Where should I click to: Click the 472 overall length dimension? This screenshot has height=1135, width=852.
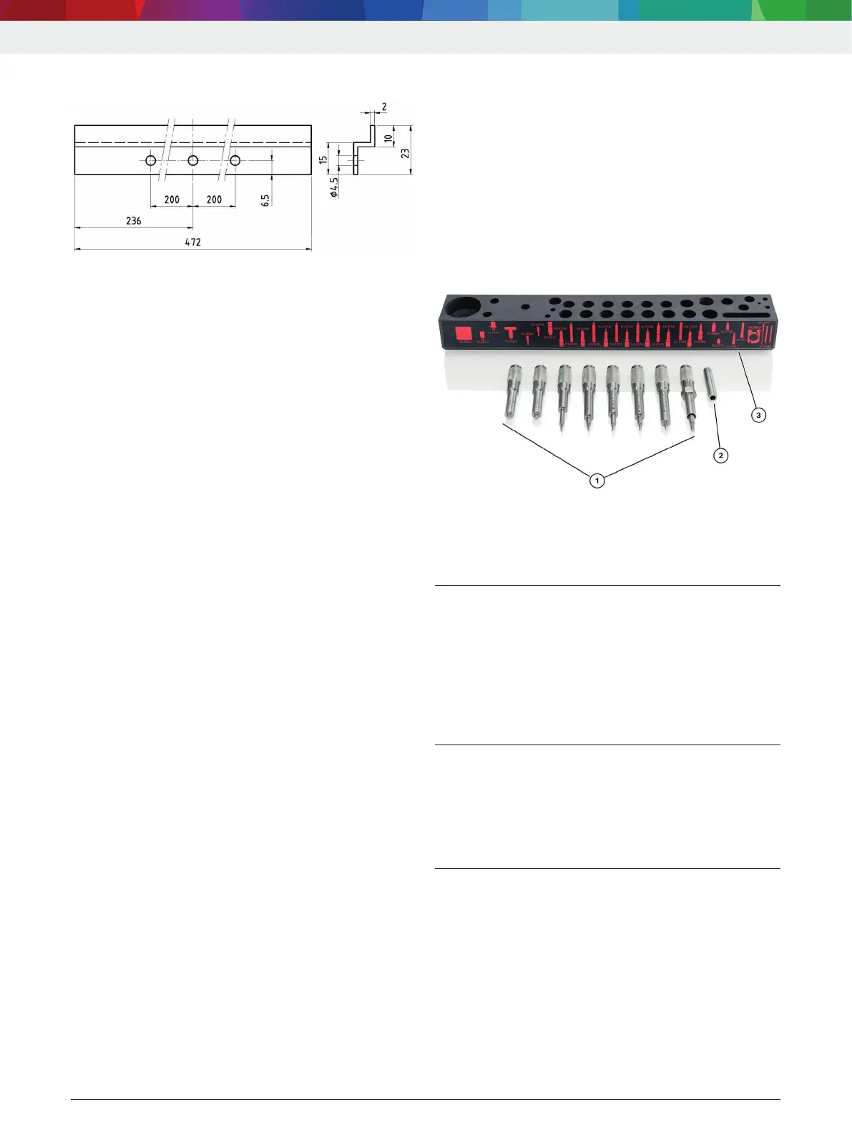point(192,242)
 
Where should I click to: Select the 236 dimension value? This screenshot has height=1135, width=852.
point(134,220)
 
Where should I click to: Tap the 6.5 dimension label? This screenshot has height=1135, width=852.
point(265,200)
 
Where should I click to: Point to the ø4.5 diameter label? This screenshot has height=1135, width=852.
point(334,187)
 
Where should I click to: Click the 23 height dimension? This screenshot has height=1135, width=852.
point(405,153)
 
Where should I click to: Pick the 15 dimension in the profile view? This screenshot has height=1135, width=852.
point(323,160)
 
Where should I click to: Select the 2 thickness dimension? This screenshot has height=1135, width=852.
point(384,107)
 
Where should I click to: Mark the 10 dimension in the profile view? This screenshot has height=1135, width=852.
point(388,138)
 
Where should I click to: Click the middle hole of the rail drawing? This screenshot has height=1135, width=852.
point(193,160)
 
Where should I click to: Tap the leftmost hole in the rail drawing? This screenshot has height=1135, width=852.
point(151,160)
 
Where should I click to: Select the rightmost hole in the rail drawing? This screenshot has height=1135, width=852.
point(235,160)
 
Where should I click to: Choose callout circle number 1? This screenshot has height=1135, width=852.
point(597,481)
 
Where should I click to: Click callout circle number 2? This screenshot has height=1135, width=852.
point(720,455)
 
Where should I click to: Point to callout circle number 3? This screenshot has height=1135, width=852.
point(758,415)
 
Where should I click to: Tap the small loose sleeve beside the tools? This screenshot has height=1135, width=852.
point(710,387)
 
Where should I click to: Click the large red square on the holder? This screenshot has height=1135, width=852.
point(463,334)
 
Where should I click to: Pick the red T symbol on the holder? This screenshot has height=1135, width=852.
point(510,333)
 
